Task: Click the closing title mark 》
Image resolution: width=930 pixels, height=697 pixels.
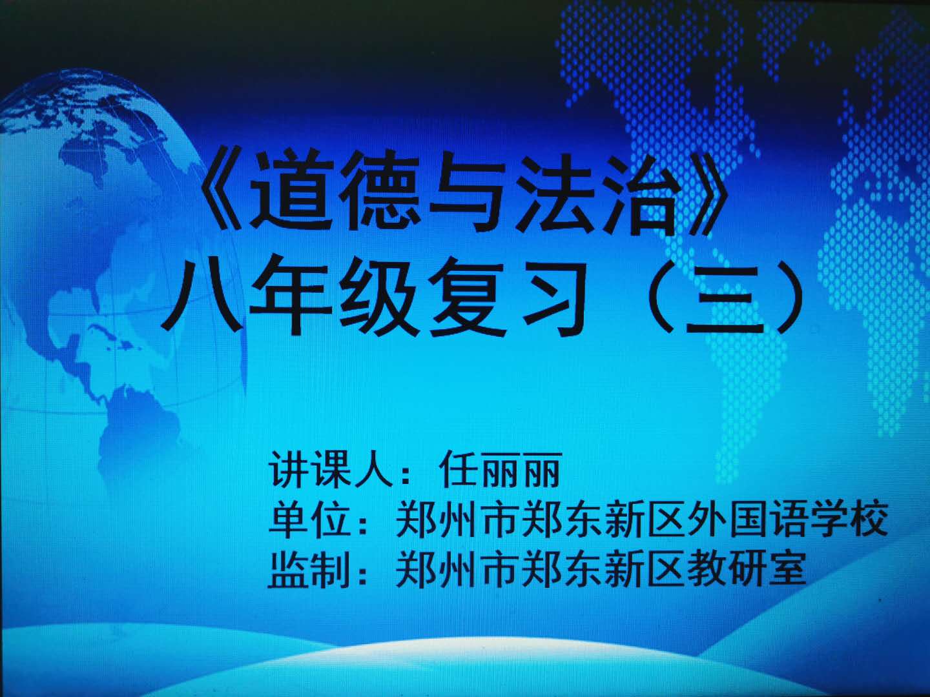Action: [x=708, y=192]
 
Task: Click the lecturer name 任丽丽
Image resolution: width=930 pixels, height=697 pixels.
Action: [x=501, y=470]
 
